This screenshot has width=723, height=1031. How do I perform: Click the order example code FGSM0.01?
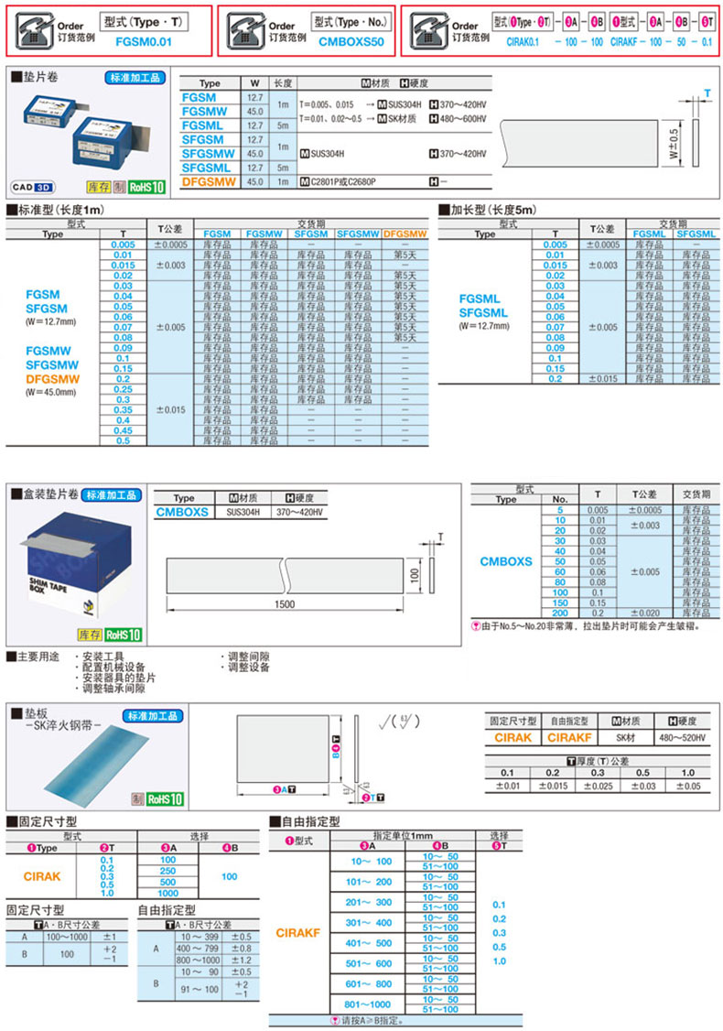[144, 41]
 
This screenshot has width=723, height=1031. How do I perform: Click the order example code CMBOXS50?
[351, 41]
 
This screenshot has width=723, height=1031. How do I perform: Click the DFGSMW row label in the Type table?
[210, 182]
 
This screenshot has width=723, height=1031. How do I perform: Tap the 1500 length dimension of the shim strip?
[284, 605]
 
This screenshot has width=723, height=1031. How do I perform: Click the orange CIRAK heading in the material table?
[513, 736]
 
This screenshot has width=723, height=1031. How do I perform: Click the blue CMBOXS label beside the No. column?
[505, 561]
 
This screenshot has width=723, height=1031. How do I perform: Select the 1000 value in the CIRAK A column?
[168, 893]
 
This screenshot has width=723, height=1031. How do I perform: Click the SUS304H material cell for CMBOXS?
[243, 512]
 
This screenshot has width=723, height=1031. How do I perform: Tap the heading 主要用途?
[40, 657]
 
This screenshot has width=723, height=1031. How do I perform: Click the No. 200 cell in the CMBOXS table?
[560, 613]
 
